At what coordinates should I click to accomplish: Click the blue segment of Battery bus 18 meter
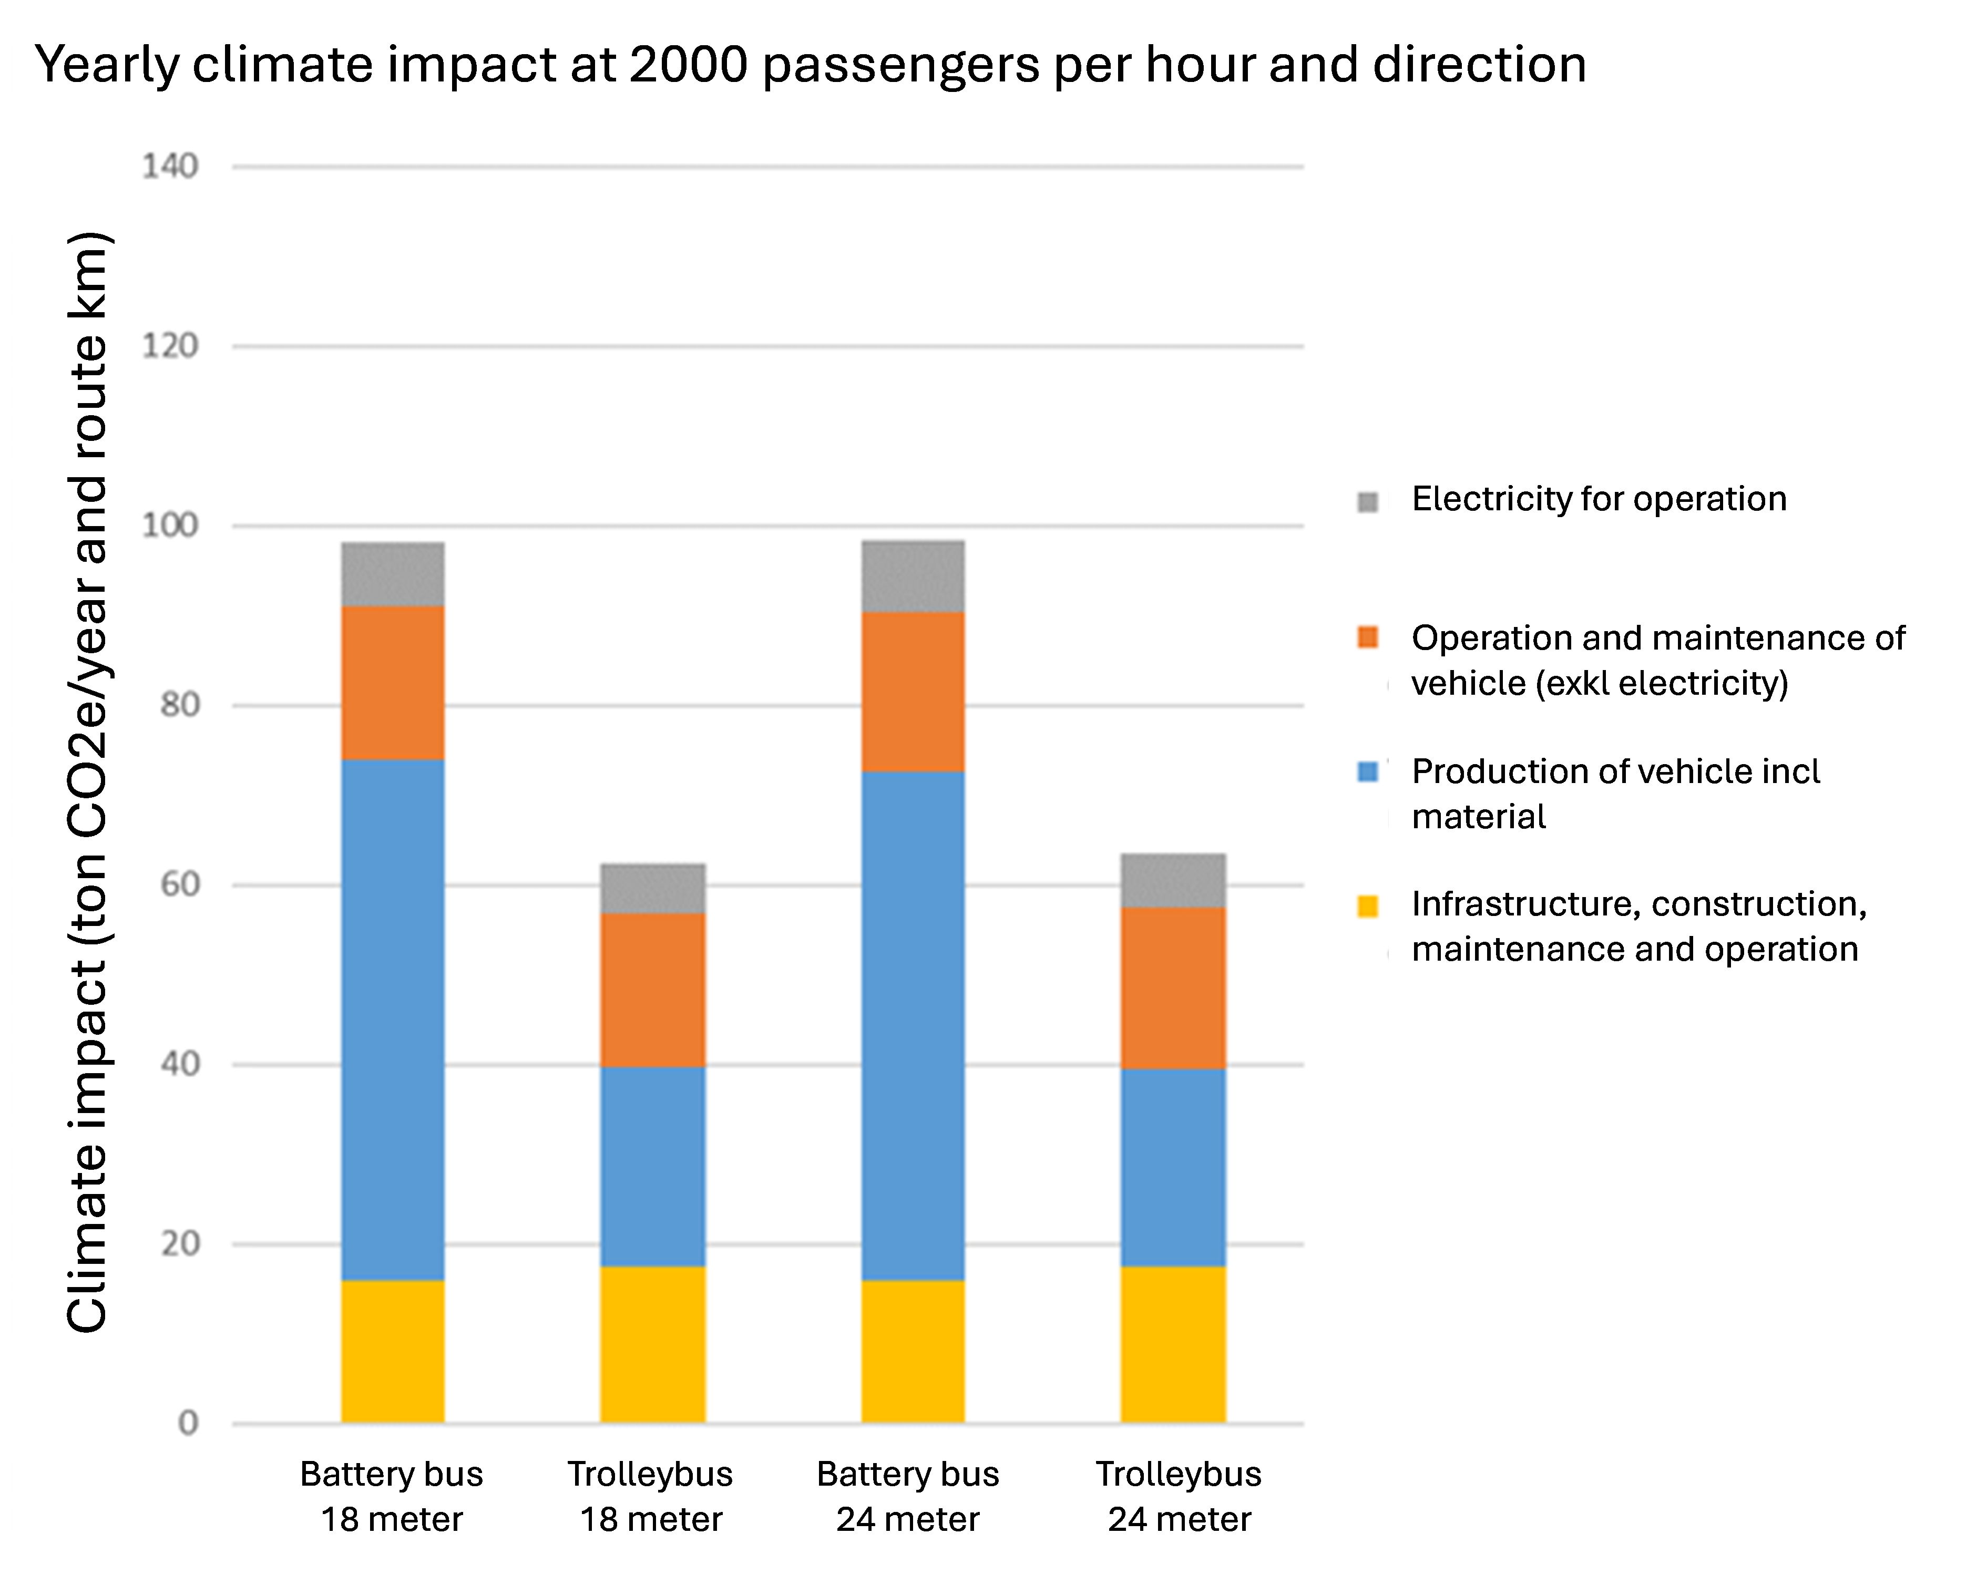393,1018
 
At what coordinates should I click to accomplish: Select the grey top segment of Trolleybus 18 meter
652,888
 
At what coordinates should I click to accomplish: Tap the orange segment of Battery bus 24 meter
913,691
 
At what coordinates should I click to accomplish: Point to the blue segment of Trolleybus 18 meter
652,1166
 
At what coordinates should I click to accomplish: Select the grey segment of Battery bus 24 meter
913,576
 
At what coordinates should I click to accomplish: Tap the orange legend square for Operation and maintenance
1368,638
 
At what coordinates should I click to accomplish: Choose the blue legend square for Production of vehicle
1368,771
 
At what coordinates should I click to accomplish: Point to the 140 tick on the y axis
170,167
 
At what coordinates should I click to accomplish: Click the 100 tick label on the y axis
170,526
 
